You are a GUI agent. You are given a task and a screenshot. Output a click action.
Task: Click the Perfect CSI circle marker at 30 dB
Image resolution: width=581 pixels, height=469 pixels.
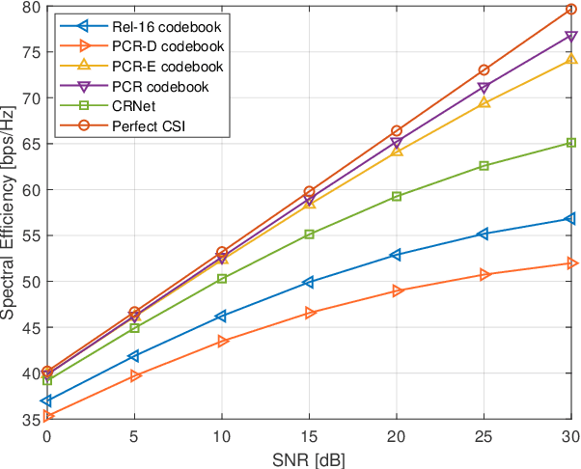pyautogui.click(x=571, y=10)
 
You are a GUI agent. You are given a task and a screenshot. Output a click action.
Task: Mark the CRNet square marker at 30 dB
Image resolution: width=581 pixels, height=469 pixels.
pyautogui.click(x=571, y=143)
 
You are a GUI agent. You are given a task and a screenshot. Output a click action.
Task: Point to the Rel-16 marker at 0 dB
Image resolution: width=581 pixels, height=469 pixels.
pyautogui.click(x=46, y=400)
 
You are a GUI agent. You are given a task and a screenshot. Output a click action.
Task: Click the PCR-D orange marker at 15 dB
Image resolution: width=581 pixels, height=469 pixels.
pyautogui.click(x=309, y=313)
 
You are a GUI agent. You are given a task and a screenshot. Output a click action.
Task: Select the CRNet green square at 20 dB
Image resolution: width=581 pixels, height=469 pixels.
pyautogui.click(x=397, y=197)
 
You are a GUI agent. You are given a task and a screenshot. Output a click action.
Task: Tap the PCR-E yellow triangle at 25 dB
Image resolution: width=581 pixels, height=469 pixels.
pyautogui.click(x=484, y=101)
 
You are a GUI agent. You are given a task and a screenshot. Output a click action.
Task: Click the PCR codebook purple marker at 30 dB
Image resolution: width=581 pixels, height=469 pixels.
pyautogui.click(x=571, y=37)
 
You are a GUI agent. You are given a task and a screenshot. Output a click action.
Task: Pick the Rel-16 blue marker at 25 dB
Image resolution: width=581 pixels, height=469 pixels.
pyautogui.click(x=484, y=234)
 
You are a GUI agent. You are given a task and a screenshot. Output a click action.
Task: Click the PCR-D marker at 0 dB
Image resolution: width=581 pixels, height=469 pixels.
pyautogui.click(x=46, y=416)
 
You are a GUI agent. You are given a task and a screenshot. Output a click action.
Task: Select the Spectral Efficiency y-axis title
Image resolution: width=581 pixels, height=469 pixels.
pyautogui.click(x=9, y=213)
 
